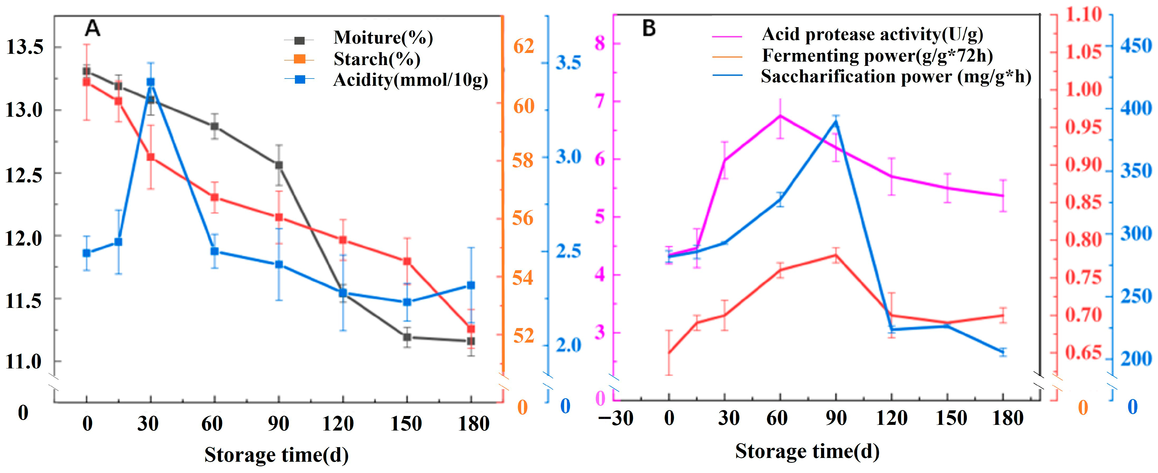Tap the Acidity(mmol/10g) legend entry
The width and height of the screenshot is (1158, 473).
point(410,80)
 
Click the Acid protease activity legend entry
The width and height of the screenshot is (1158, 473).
point(872,34)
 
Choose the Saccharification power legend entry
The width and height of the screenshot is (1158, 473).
point(896,76)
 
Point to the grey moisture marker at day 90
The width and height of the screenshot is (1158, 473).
point(279,165)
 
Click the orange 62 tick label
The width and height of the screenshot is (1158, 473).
point(523,46)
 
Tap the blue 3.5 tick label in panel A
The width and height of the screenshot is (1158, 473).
point(568,62)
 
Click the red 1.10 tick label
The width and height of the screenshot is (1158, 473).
point(1083,15)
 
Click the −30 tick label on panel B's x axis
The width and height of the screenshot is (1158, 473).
point(616,418)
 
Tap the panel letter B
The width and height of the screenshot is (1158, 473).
point(649,28)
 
